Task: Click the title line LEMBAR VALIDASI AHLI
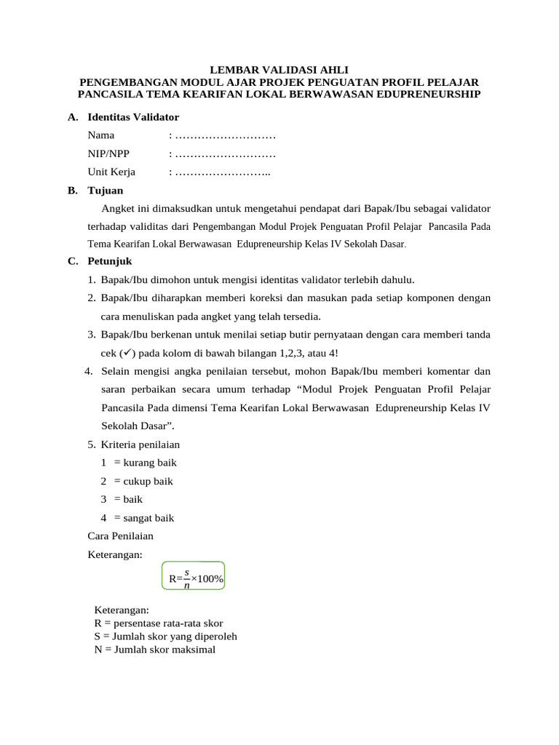(x=279, y=71)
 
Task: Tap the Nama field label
(x=101, y=135)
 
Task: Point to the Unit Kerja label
(x=111, y=172)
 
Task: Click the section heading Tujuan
(x=106, y=191)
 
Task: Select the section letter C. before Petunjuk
(x=72, y=261)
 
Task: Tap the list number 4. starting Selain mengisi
(x=88, y=371)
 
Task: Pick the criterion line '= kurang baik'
(x=145, y=463)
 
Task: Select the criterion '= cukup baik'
(x=143, y=481)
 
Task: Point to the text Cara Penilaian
(x=120, y=536)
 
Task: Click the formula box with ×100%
(x=194, y=578)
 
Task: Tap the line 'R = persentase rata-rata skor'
(x=159, y=624)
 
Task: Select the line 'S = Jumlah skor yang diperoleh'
(x=165, y=637)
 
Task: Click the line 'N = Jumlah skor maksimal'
(x=154, y=650)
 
